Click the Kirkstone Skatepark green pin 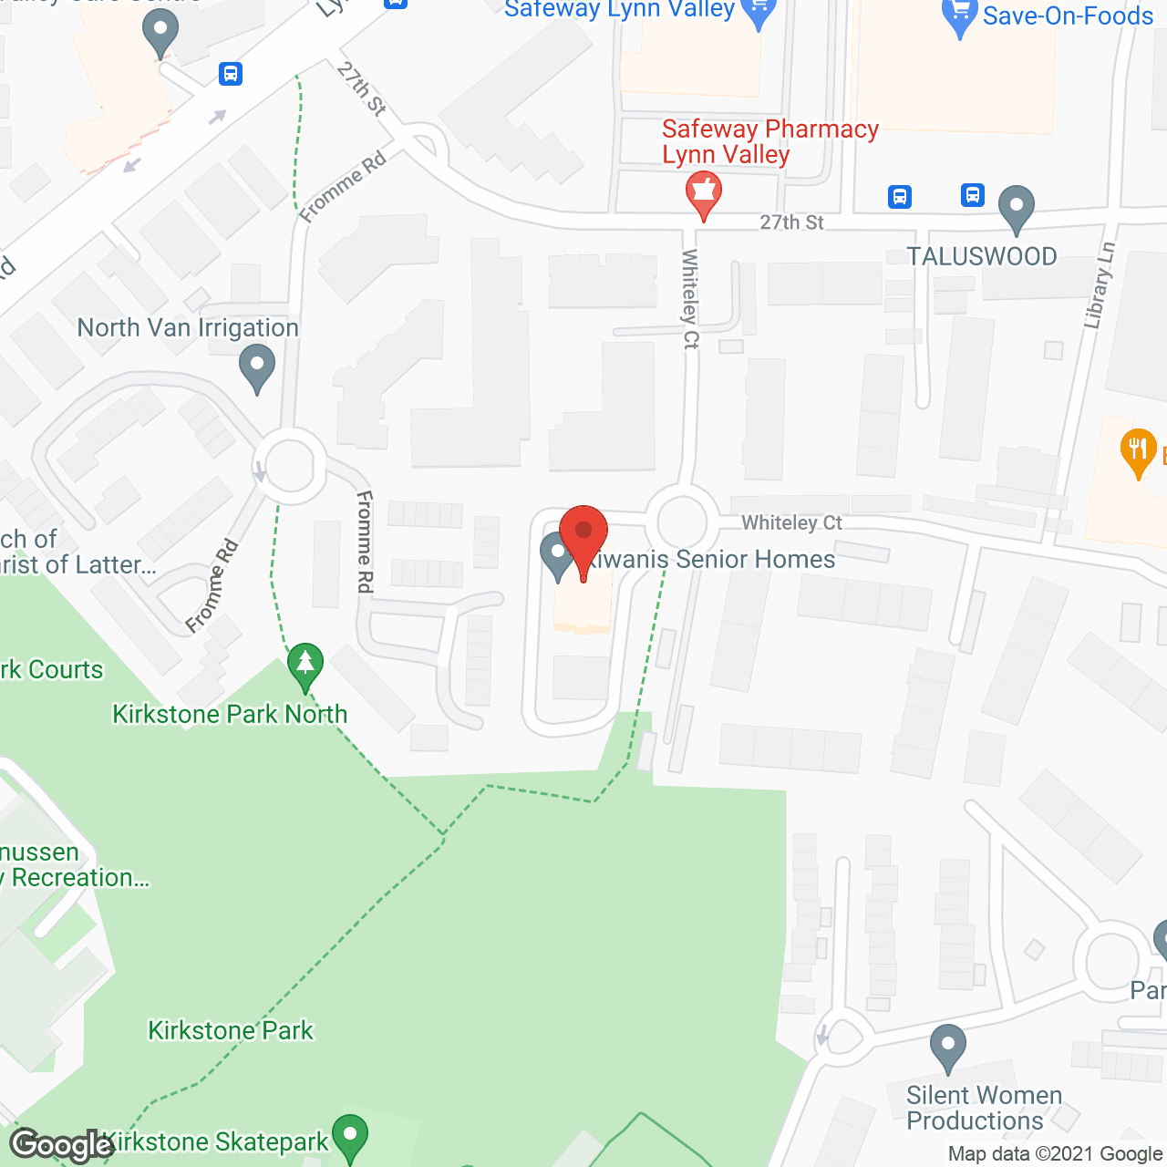349,1137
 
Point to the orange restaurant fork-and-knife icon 1137,449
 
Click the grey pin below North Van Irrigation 257,368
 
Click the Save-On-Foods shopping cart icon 959,15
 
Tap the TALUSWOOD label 982,256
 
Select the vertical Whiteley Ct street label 690,299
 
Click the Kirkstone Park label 231,1030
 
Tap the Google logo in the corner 62,1144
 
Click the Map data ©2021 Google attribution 1055,1154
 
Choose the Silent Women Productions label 984,1108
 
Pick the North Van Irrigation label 188,327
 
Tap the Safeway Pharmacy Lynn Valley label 770,141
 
